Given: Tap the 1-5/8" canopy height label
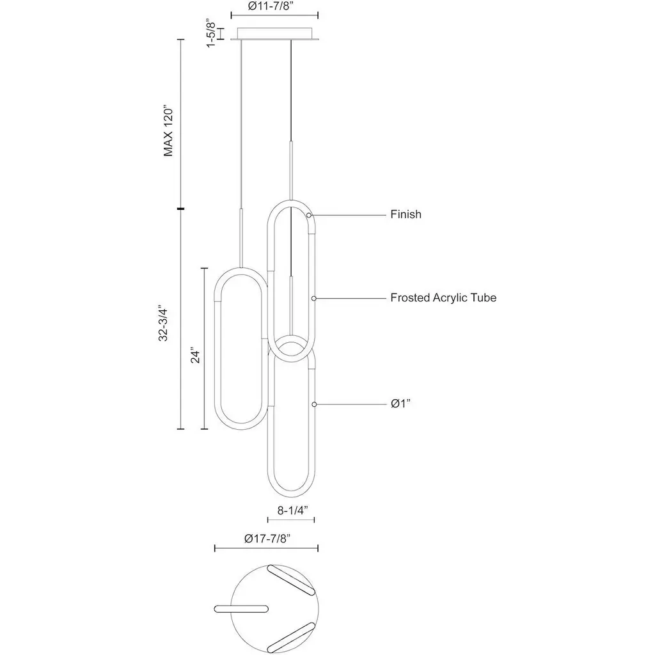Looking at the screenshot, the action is pyautogui.click(x=212, y=34).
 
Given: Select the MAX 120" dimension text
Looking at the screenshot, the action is pyautogui.click(x=168, y=130).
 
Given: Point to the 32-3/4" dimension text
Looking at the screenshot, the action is pyautogui.click(x=163, y=324).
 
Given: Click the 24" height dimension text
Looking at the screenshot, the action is pyautogui.click(x=196, y=354).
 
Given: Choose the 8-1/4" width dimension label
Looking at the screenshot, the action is pyautogui.click(x=293, y=510).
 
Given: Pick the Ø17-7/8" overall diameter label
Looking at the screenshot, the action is pyautogui.click(x=267, y=539).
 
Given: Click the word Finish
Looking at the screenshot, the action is pyautogui.click(x=406, y=214).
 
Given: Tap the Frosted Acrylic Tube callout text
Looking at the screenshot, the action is pyautogui.click(x=443, y=298).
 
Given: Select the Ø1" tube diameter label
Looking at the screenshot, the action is pyautogui.click(x=400, y=404).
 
